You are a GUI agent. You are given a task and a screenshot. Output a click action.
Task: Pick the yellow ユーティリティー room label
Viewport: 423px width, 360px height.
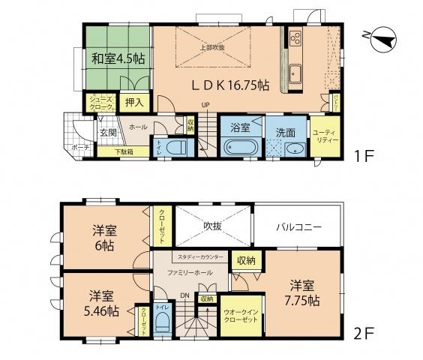325,136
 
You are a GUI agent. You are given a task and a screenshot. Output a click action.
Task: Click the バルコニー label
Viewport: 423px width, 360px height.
297,226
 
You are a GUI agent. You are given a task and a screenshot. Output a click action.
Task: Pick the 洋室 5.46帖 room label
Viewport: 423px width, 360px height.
100,302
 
